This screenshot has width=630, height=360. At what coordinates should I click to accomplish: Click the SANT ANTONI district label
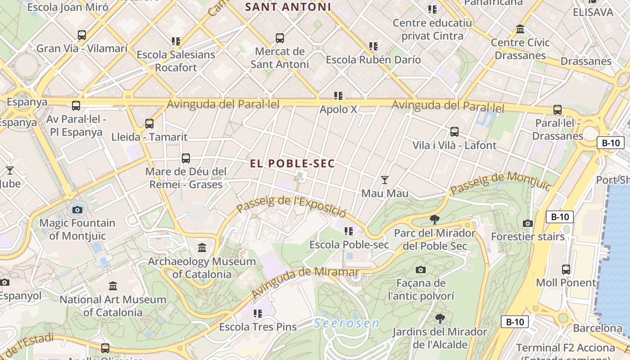click(288, 7)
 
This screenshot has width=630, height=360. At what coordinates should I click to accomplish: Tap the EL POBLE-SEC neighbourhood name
click(292, 163)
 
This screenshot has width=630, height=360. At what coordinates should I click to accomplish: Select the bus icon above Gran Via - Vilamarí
click(82, 35)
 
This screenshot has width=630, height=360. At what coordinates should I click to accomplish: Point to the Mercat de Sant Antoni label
click(279, 58)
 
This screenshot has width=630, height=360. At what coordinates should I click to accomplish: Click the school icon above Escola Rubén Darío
click(373, 46)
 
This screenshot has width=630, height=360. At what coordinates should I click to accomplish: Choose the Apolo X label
click(338, 109)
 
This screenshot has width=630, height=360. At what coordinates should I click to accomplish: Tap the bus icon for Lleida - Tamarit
click(149, 123)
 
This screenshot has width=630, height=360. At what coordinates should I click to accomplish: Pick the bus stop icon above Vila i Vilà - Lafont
click(454, 131)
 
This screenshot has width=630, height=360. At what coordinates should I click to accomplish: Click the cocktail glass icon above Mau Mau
click(385, 180)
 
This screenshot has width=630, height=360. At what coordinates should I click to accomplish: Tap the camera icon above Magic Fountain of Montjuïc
click(77, 209)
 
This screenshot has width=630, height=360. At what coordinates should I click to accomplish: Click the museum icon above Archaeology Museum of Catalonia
click(202, 247)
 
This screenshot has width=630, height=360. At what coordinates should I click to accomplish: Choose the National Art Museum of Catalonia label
click(113, 306)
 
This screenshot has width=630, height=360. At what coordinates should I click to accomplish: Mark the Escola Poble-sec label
click(349, 245)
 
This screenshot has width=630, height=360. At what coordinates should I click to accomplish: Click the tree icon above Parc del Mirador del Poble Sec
click(434, 220)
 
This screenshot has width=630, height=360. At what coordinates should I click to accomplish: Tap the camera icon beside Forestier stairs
click(528, 223)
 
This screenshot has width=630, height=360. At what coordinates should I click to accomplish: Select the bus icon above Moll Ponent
click(566, 269)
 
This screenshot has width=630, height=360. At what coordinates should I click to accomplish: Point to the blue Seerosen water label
click(346, 323)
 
